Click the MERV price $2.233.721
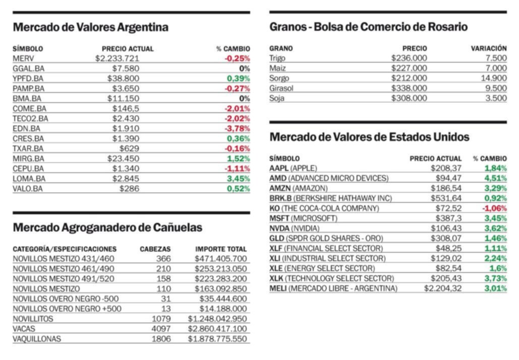click(117, 58)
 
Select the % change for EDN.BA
click(238, 129)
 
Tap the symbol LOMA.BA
click(29, 178)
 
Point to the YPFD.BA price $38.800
click(123, 79)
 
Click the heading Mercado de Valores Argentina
click(90, 27)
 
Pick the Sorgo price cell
click(409, 78)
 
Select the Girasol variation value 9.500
click(496, 88)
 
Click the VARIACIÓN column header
click(489, 48)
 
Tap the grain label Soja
click(277, 98)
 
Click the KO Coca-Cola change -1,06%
click(494, 208)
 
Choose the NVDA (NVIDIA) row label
click(294, 228)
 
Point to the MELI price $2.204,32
click(443, 288)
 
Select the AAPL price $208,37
click(446, 168)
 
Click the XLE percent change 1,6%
click(498, 268)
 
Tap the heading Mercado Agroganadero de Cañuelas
click(107, 228)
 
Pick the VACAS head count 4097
click(161, 329)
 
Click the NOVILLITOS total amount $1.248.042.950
click(217, 319)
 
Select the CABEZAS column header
click(155, 249)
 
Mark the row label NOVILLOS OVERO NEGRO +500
click(67, 309)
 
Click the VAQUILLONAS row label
click(37, 339)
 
